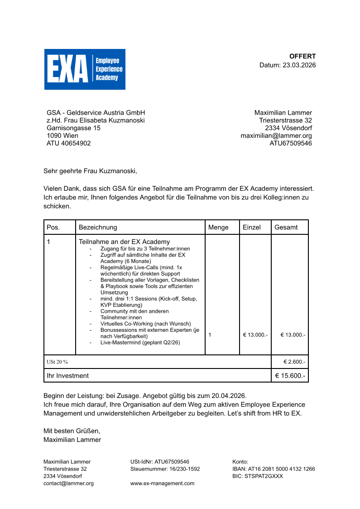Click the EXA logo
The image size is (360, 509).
click(x=85, y=69)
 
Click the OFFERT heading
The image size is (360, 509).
click(x=302, y=56)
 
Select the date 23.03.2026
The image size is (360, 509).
click(x=299, y=65)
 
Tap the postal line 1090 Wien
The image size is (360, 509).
click(x=62, y=136)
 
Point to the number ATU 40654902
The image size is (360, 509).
click(x=69, y=143)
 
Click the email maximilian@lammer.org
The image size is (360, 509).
click(x=276, y=136)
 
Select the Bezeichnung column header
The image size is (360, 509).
click(x=98, y=228)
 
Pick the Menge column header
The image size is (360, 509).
click(x=218, y=228)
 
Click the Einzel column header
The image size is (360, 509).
click(x=252, y=228)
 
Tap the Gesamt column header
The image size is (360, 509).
click(x=286, y=228)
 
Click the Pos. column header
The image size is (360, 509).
click(x=53, y=228)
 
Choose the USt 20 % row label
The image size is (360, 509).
click(x=57, y=362)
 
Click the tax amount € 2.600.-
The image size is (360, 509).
click(x=294, y=362)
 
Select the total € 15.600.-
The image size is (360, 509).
click(x=290, y=376)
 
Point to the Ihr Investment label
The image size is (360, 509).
click(x=68, y=376)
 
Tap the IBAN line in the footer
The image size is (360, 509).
click(x=274, y=469)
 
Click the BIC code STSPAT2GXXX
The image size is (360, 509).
click(x=258, y=476)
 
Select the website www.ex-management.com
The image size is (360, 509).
click(x=162, y=484)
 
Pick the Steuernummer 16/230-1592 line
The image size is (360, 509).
click(x=165, y=469)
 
